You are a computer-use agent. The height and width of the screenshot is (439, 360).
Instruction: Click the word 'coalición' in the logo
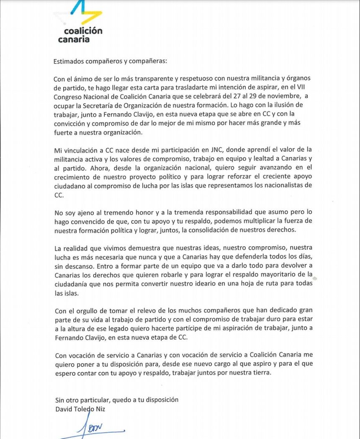pyautogui.click(x=83, y=31)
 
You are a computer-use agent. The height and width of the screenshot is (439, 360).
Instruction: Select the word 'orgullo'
pyautogui.click(x=86, y=311)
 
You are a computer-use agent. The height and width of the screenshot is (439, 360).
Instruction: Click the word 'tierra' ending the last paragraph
pyautogui.click(x=260, y=373)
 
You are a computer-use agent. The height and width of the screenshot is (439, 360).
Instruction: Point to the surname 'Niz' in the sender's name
pyautogui.click(x=100, y=409)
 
